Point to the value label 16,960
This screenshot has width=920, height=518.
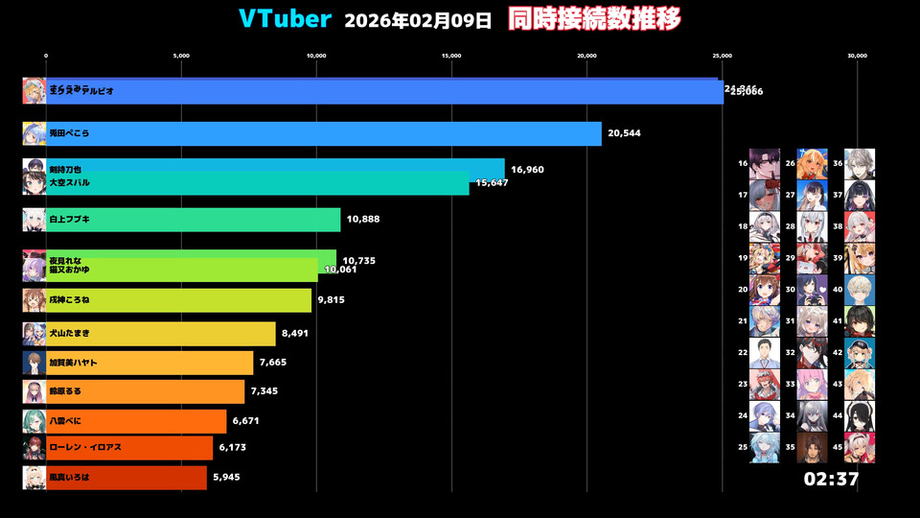527,169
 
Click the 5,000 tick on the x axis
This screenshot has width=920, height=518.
181,56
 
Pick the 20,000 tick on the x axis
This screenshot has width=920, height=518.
587,56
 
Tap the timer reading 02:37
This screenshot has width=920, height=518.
831,480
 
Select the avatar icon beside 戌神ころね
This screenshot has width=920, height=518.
34,300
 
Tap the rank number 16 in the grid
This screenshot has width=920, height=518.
743,164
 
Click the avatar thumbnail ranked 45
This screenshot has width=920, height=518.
860,447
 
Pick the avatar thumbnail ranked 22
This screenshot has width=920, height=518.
765,353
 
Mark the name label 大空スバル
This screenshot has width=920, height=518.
71,182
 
